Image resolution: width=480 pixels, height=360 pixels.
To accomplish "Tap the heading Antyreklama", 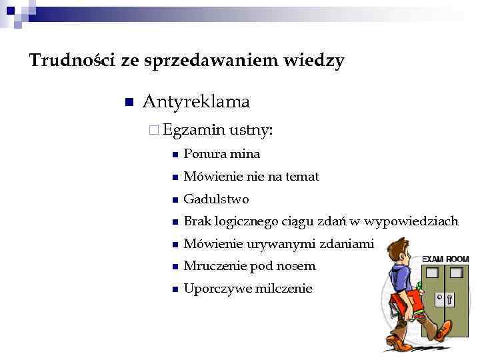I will tap(196, 102).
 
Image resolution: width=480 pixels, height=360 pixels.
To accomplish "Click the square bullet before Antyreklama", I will tap(129, 103).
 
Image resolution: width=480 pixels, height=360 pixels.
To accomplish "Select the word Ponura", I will tap(205, 154).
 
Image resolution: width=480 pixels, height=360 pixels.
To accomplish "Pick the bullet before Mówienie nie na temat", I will tap(174, 177).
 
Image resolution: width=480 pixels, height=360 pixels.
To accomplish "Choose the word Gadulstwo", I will tap(216, 199).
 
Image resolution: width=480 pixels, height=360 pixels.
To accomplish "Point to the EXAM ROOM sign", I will tap(445, 258).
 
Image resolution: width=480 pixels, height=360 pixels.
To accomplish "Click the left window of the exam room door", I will tap(433, 273).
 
